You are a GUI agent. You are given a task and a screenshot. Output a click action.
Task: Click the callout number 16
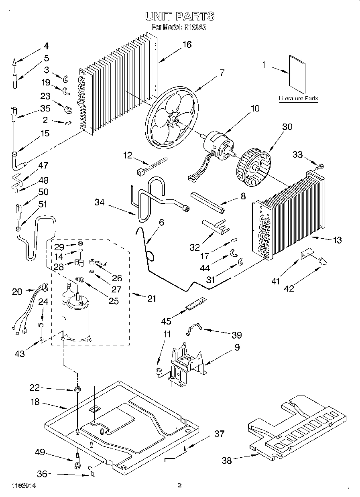coord(187,45)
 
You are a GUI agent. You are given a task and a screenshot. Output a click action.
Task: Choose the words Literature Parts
coord(299,98)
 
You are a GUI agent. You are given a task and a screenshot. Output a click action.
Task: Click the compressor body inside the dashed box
coord(77,317)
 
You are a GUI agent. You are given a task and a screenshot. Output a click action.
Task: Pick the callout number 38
coord(227,460)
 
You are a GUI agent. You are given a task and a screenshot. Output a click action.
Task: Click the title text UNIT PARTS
coord(179,16)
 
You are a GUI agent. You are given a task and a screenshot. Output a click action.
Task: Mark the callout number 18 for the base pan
coord(36,402)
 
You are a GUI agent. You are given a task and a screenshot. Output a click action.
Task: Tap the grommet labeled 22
coord(76,389)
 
